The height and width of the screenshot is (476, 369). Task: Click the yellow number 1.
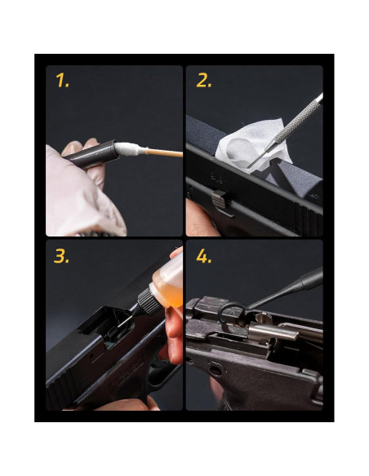(x=61, y=81)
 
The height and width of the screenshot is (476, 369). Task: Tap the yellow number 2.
(x=204, y=81)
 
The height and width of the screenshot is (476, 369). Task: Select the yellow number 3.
(x=62, y=256)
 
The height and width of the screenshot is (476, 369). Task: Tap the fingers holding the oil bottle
(x=173, y=334)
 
